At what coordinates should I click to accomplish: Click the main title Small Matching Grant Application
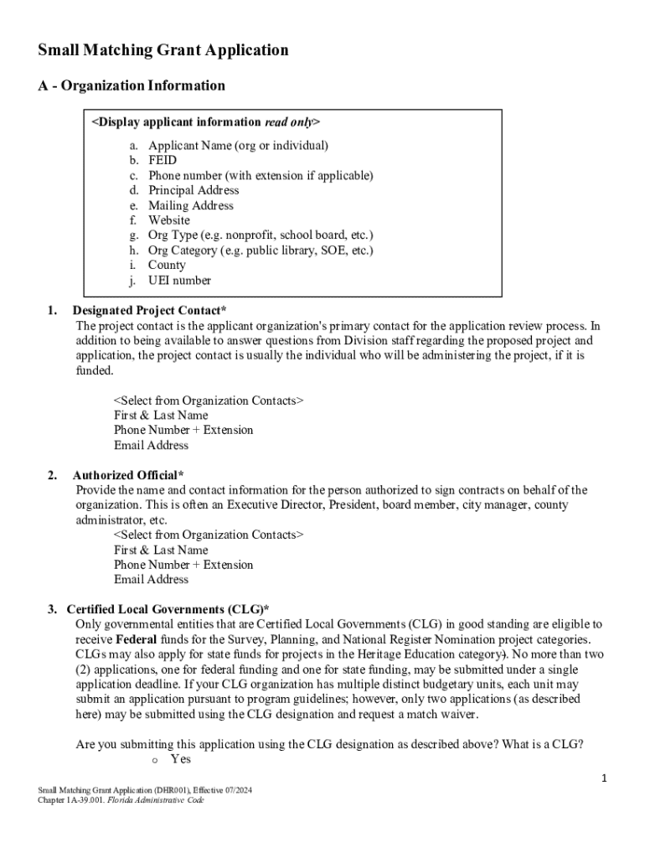point(163,50)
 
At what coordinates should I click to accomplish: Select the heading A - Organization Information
point(132,85)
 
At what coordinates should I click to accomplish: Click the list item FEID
point(163,160)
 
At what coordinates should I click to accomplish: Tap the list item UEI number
point(179,281)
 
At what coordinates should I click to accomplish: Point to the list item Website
point(169,220)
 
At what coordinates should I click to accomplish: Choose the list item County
point(167,266)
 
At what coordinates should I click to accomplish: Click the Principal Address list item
point(193,190)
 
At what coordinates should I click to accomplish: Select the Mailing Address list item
point(191,205)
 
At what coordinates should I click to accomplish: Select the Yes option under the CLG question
point(180,759)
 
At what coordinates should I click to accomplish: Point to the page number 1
point(604,780)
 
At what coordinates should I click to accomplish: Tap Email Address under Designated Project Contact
point(151,445)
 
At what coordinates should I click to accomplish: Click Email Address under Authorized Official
point(151,580)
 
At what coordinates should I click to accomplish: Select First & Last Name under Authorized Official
point(161,550)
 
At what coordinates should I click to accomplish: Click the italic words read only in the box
point(288,122)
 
